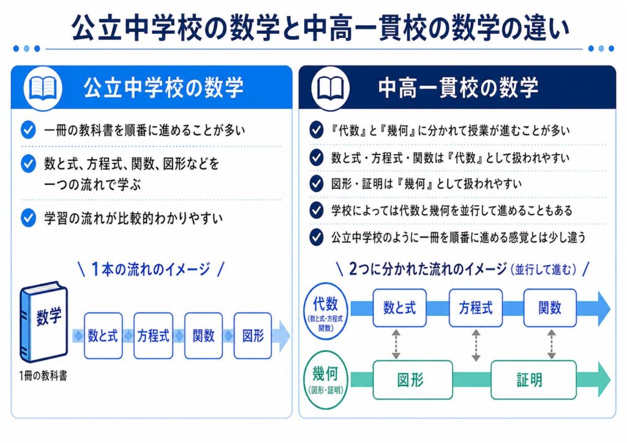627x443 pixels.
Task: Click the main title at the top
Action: [313, 26]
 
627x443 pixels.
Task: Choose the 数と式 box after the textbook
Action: [103, 336]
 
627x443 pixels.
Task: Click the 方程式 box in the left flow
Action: [153, 336]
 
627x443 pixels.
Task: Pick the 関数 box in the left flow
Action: [203, 336]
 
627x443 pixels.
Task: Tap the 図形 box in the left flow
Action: [253, 336]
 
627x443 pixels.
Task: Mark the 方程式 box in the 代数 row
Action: [476, 307]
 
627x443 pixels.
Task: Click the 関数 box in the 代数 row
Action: [550, 307]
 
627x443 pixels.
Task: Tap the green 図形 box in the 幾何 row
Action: [412, 380]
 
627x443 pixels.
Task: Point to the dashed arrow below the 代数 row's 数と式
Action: [396, 344]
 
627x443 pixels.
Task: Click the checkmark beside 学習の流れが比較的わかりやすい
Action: [28, 218]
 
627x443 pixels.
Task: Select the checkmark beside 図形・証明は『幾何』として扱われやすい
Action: [316, 183]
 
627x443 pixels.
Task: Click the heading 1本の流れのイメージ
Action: [151, 269]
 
